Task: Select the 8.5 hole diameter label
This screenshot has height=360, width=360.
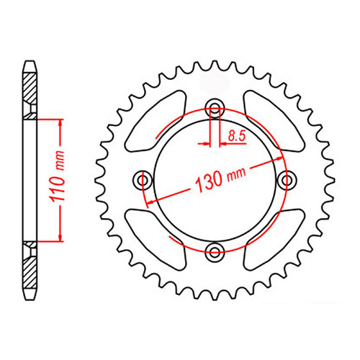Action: point(235,134)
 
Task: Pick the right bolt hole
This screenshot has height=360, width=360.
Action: point(289,179)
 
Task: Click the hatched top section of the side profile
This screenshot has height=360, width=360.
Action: point(30,90)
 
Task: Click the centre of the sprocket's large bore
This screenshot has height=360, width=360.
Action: point(215,179)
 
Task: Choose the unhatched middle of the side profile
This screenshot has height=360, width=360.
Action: point(30,179)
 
